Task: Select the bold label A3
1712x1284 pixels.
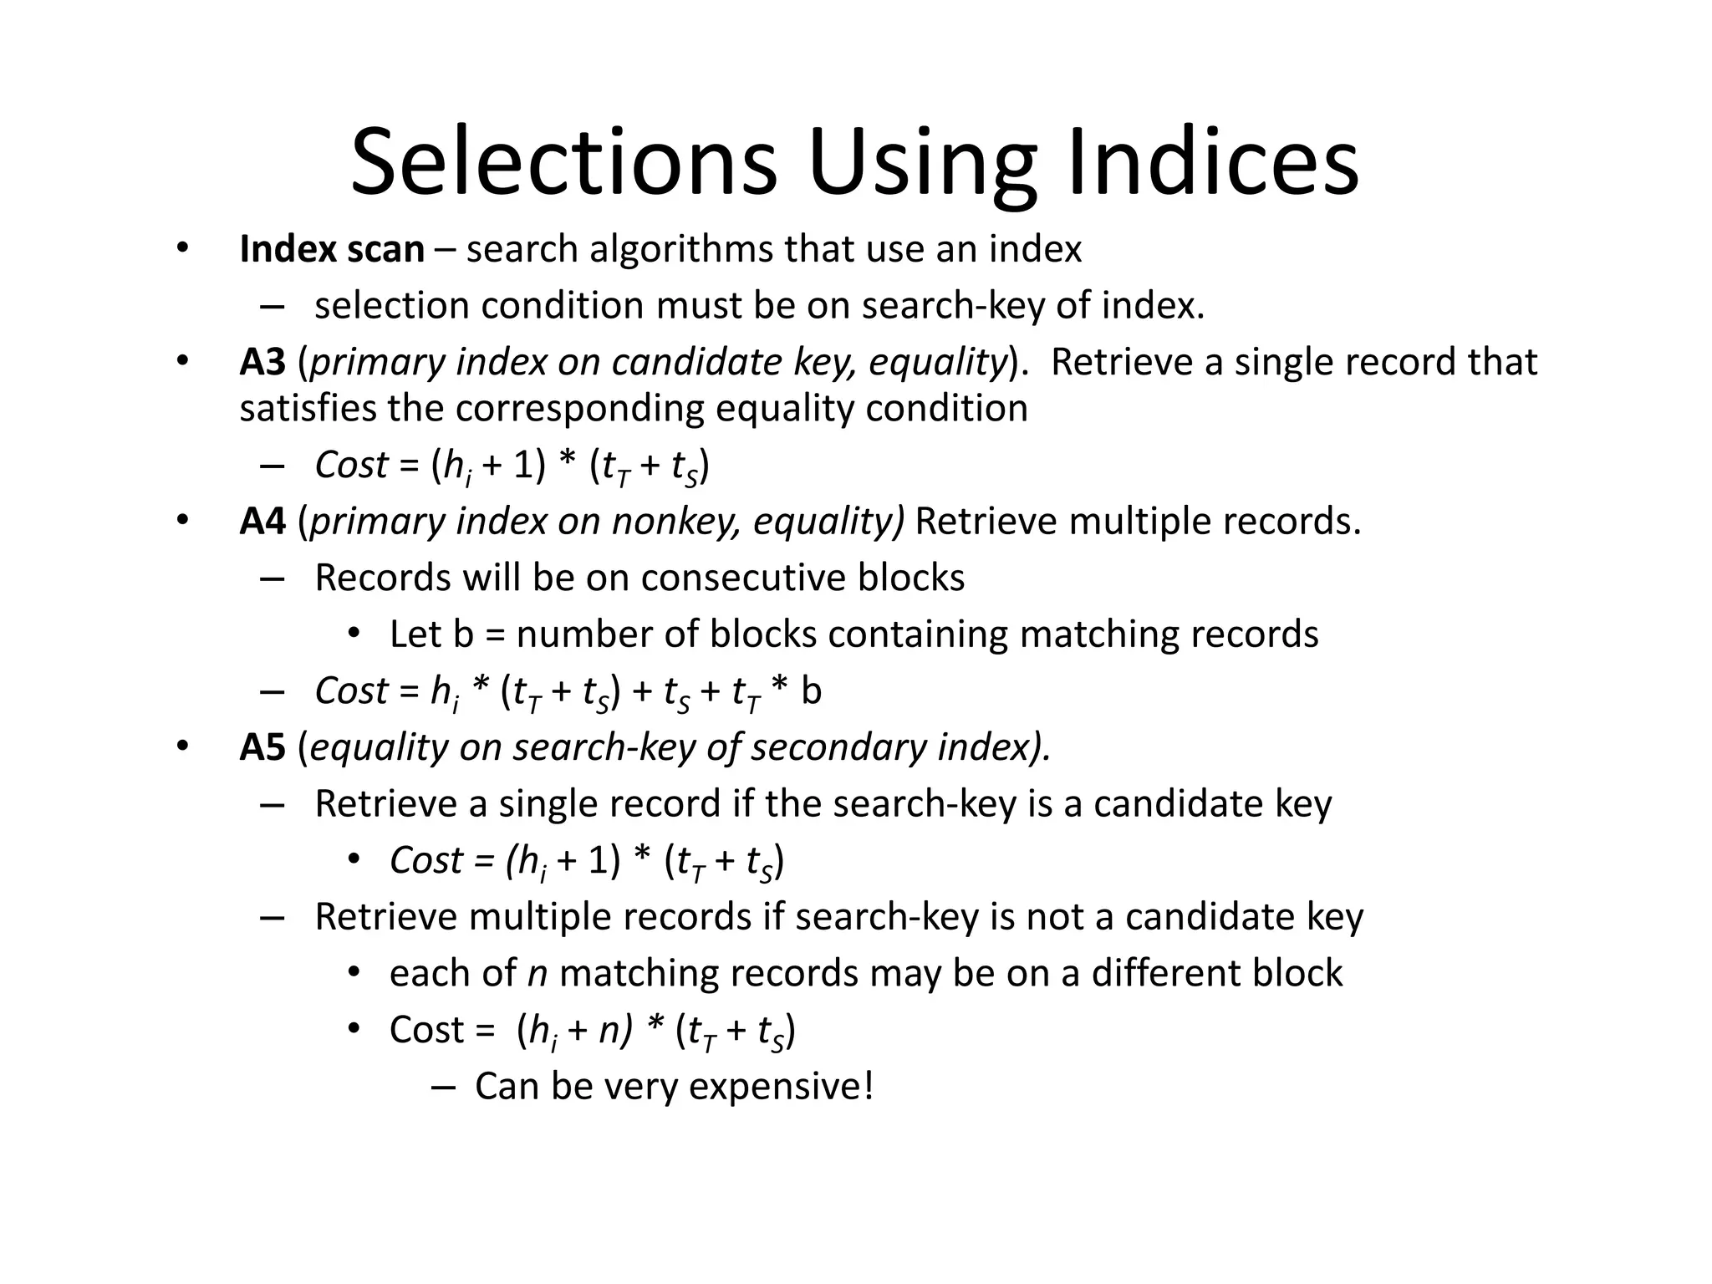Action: click(262, 362)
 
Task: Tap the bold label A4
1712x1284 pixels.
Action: click(262, 521)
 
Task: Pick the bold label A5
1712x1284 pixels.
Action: click(262, 747)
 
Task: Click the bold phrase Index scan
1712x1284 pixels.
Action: click(332, 249)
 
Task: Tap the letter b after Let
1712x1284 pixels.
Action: click(463, 634)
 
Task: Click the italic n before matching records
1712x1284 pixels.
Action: click(538, 974)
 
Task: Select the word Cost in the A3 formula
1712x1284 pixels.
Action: click(351, 465)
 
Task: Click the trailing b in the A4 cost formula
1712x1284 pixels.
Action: click(812, 691)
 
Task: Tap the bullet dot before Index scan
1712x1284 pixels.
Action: click(182, 248)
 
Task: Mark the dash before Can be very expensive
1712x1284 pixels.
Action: click(445, 1088)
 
